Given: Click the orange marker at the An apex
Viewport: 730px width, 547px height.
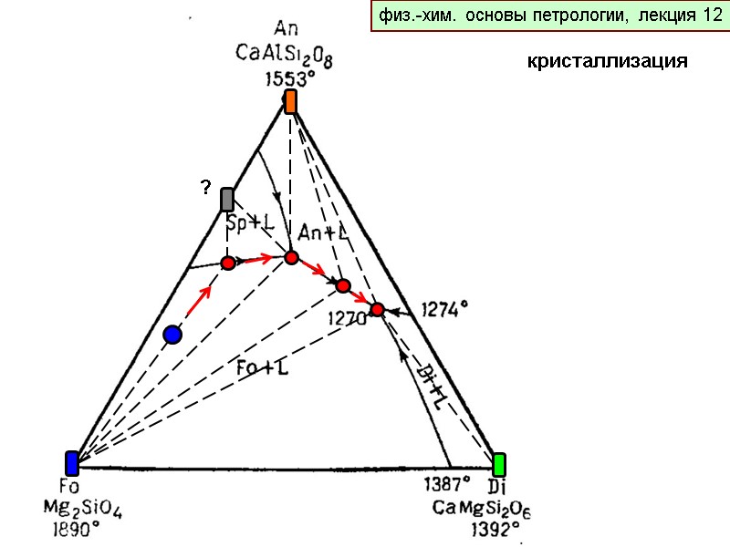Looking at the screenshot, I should coord(290,102).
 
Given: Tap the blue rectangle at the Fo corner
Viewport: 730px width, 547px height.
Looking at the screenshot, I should coord(73,463).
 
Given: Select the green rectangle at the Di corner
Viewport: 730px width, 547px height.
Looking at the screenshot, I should coord(498,464).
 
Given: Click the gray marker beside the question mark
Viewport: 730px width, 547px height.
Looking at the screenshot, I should coord(227,199).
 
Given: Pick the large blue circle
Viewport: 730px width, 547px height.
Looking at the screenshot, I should coord(172,335).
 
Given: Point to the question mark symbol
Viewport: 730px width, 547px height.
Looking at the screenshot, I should coord(205,189).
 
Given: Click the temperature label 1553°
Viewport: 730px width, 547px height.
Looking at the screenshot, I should coord(290,78).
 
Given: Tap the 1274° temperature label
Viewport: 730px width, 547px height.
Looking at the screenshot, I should coord(445,309).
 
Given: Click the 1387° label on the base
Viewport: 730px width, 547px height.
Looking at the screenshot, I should coord(447,481).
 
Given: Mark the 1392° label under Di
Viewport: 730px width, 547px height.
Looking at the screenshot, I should coord(496,526).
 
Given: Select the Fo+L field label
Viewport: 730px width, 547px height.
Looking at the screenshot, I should coord(264,367).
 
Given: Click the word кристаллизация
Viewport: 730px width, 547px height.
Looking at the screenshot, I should coord(606,61).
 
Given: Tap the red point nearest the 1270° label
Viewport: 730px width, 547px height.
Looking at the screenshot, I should coord(377,309).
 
